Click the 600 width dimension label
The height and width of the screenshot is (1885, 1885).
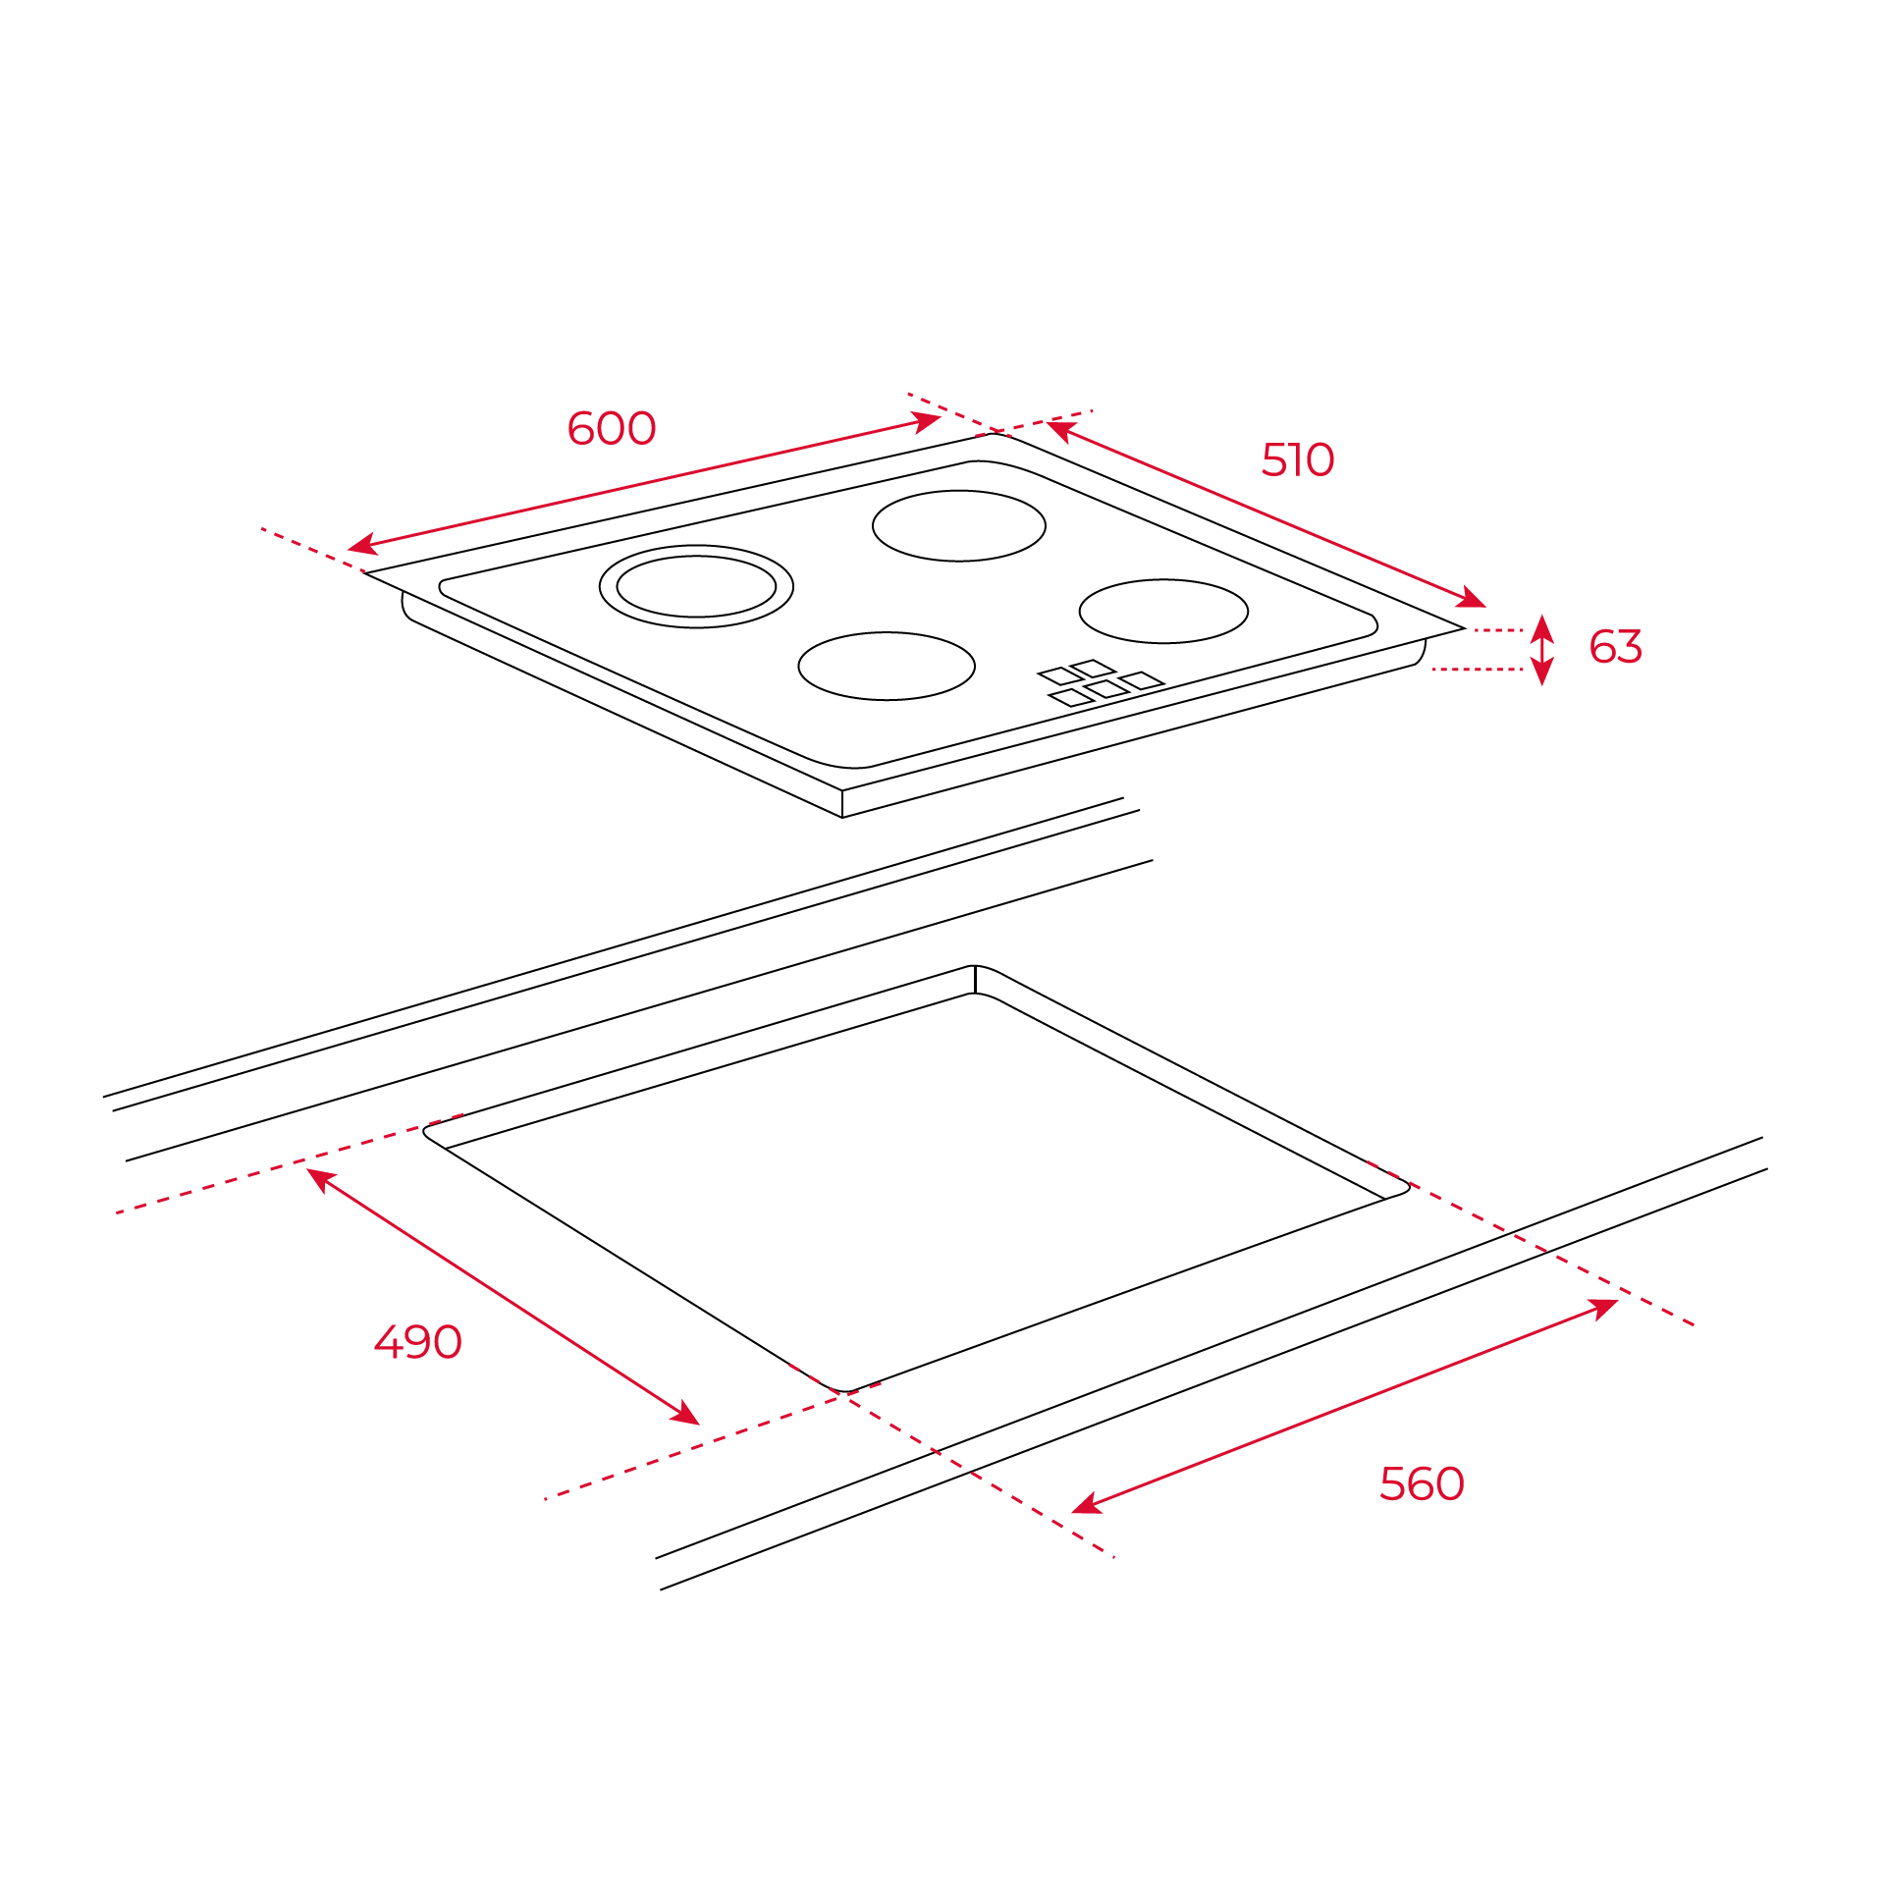612,428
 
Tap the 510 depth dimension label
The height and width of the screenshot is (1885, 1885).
1298,459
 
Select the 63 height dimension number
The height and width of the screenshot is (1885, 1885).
1616,647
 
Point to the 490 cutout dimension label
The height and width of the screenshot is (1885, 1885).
418,1342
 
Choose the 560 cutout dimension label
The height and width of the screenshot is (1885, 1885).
1422,1483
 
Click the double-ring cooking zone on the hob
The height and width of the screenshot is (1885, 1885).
696,546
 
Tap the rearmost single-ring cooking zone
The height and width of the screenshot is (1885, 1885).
959,491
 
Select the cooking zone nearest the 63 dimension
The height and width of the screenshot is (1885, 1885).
1163,580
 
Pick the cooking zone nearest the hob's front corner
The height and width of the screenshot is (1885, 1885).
887,633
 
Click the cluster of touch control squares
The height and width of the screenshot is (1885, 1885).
1101,683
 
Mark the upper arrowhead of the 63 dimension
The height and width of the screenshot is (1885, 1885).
1542,628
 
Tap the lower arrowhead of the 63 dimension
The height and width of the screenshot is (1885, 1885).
1542,671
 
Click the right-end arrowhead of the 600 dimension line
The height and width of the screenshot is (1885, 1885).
927,422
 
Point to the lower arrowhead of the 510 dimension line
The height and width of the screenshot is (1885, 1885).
1472,597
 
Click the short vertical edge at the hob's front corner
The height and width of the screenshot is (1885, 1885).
842,803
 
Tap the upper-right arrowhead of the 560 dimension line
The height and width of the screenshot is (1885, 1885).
1603,1309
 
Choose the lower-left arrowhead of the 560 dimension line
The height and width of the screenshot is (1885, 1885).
1087,1503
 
